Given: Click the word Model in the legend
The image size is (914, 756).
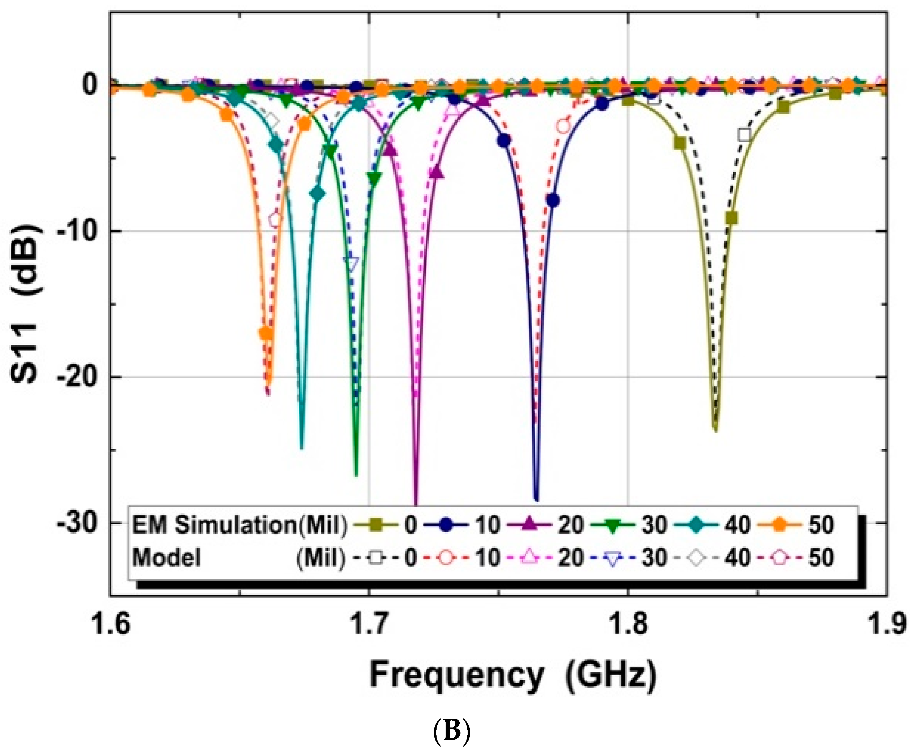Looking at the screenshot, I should point(166,558).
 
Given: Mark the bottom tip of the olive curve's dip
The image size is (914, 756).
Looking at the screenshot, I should point(715,430).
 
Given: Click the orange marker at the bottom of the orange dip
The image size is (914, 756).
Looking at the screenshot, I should point(266,334).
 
